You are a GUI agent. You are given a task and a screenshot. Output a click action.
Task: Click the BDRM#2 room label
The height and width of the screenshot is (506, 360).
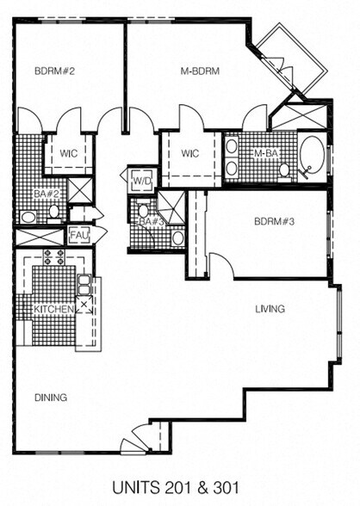[53, 71]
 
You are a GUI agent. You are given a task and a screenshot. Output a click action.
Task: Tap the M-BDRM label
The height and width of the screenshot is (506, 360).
[202, 71]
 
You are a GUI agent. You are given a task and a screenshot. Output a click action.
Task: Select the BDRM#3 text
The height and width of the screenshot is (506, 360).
[276, 220]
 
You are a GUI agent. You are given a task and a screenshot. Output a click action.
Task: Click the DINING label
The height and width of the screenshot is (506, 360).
[51, 397]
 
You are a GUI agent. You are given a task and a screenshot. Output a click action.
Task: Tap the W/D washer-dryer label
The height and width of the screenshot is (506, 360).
[141, 182]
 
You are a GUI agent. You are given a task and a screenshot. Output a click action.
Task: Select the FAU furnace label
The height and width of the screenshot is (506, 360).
[79, 234]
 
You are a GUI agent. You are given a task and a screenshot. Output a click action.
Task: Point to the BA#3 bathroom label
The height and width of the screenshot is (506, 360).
[152, 221]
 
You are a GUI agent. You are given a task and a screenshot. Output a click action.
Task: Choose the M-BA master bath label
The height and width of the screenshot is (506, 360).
[265, 154]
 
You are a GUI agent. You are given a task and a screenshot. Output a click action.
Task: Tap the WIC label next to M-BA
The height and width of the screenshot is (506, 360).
[190, 154]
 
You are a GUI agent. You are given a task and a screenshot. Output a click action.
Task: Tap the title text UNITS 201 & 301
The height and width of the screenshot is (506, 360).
[179, 486]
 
